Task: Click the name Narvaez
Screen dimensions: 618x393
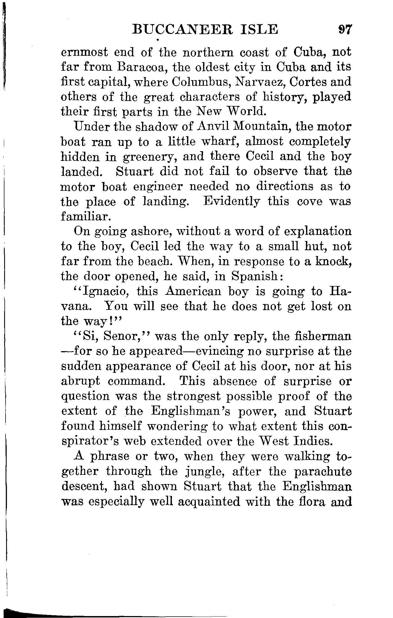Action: [x=267, y=82]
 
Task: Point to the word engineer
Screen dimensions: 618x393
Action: [x=158, y=187]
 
